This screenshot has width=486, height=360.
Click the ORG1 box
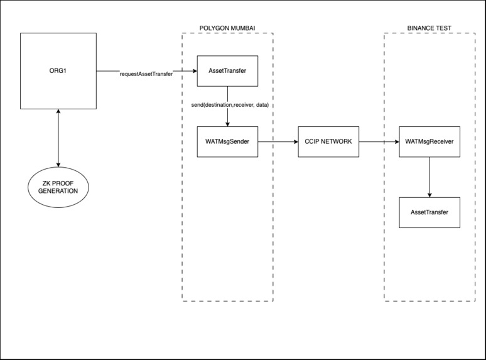coord(58,70)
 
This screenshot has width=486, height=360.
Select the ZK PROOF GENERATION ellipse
coord(58,187)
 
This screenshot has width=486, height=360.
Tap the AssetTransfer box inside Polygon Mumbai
coord(227,71)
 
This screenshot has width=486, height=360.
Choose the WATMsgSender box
coord(227,141)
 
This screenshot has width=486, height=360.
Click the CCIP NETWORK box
coord(328,141)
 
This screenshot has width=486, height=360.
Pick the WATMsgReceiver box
coord(429,141)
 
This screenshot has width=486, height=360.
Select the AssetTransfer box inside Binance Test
coord(429,212)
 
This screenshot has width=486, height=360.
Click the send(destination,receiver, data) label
coord(230,104)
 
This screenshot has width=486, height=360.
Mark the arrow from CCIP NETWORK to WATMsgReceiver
coord(379,141)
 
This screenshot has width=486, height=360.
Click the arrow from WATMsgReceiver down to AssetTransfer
coord(429,177)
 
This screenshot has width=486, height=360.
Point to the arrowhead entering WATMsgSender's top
coord(227,123)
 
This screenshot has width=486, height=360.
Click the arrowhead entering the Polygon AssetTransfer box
coord(193,71)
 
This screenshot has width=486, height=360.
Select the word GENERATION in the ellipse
coord(58,191)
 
